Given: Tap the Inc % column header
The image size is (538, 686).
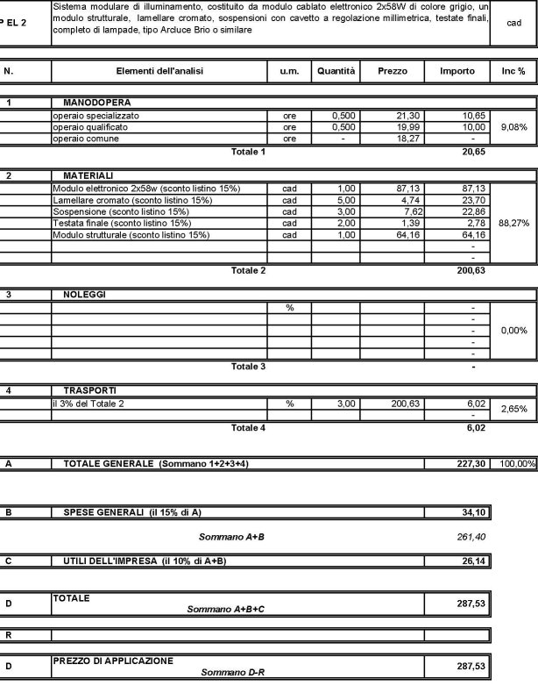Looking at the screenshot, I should pos(513,70).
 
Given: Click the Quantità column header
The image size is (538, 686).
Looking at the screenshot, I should pos(336,70).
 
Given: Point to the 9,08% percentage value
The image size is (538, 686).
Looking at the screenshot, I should pos(513,127).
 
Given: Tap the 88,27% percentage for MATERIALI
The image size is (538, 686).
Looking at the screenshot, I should pos(513,223).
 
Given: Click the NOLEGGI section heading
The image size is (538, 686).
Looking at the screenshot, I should pos(84,295).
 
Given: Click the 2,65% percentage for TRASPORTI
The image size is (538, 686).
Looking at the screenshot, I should pos(513,409).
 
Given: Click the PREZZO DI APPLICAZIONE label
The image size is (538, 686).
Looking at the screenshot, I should pos(113,660).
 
